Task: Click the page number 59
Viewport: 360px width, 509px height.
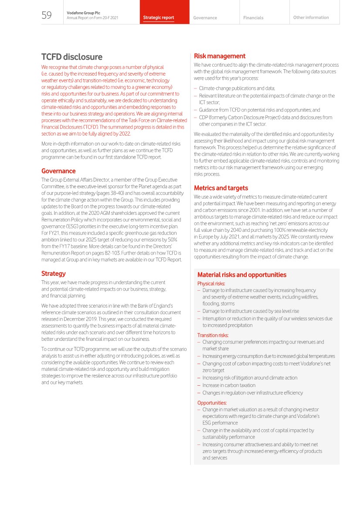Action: tap(47, 16)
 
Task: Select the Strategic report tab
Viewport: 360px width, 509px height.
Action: tap(159, 18)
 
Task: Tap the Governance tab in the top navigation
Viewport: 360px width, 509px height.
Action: tap(205, 18)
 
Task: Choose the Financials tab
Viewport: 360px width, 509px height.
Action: tap(253, 18)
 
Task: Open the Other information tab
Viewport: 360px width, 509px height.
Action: tap(311, 17)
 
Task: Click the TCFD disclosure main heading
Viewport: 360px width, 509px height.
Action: tap(72, 57)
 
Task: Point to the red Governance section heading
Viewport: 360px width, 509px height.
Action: tap(58, 171)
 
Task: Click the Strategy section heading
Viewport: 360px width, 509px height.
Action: tap(54, 274)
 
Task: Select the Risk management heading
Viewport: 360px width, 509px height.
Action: tap(220, 56)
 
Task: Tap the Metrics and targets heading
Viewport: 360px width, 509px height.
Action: tap(221, 188)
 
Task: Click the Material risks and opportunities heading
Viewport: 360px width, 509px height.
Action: tap(242, 275)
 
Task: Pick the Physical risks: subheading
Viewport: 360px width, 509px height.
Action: tap(211, 284)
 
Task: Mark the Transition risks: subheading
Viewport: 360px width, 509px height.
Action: tap(212, 335)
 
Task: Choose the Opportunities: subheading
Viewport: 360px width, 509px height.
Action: tap(212, 403)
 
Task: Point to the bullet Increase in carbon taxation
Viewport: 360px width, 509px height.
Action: tap(229, 385)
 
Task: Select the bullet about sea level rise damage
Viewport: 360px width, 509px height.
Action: tap(257, 311)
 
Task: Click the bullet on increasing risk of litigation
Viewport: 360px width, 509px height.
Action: tap(250, 378)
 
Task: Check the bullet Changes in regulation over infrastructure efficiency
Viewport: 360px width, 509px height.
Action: tap(252, 393)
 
